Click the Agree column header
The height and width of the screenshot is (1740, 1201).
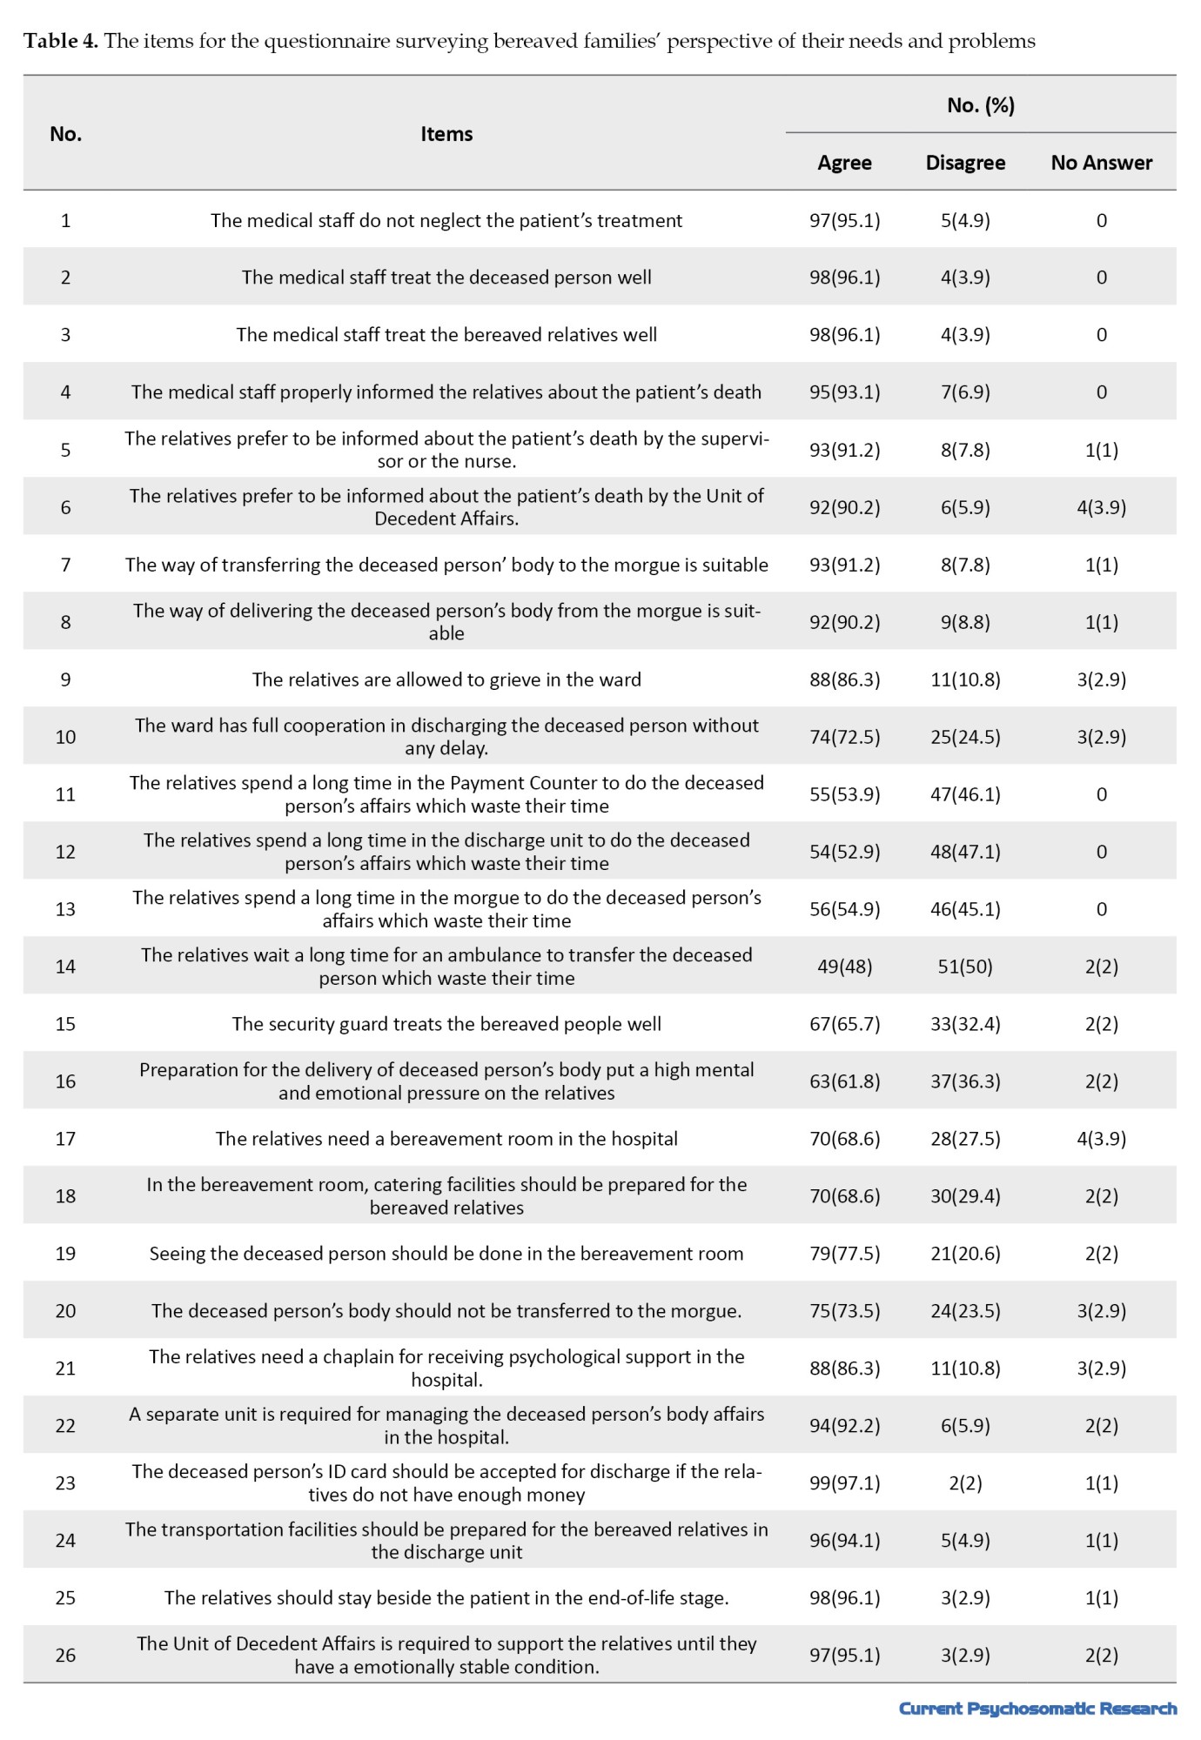coord(844,163)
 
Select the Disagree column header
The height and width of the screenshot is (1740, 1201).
coord(965,163)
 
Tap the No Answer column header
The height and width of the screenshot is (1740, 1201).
coord(1101,163)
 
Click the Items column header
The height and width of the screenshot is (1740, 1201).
coord(446,134)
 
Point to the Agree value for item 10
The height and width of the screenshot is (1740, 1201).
coord(844,737)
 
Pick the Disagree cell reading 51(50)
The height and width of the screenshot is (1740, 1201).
coord(965,967)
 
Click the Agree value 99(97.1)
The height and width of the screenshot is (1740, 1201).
coord(844,1483)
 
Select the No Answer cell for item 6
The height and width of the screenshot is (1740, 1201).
coord(1101,507)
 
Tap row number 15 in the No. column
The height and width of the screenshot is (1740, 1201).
coord(65,1024)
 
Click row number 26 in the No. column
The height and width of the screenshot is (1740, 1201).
coord(65,1655)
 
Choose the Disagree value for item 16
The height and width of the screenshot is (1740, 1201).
coord(965,1081)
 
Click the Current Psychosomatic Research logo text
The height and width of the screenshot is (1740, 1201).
coord(1037,1709)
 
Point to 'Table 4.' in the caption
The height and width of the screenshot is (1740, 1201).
coord(61,41)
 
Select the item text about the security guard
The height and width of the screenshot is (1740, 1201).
coord(446,1024)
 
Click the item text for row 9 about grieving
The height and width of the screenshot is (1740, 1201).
coord(446,679)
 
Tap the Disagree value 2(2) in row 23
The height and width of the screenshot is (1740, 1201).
coord(965,1483)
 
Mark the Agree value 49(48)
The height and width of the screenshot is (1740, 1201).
coord(844,967)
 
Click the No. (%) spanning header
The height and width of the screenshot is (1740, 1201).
coord(981,105)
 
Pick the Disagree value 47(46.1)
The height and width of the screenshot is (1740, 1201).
coord(965,794)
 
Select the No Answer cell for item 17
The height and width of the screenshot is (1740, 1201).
coord(1101,1139)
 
